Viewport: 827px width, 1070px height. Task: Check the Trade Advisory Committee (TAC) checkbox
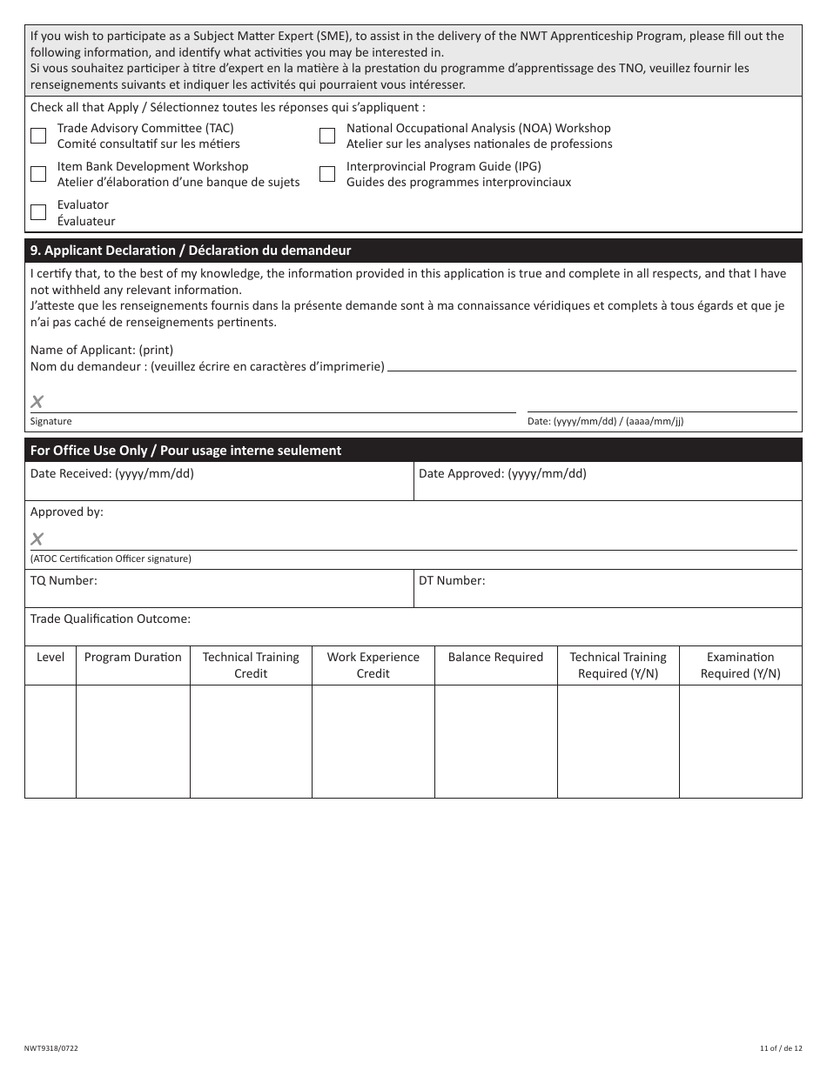(38, 136)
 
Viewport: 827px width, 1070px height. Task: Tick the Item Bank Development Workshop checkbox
(38, 174)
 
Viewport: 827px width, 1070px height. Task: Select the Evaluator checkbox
(38, 212)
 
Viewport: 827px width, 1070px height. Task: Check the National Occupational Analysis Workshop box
(327, 136)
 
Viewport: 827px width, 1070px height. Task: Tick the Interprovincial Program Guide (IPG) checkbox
(327, 174)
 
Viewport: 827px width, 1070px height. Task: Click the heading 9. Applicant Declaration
(191, 251)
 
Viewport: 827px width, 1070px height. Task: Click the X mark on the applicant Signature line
(37, 402)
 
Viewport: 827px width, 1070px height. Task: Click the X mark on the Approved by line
(37, 539)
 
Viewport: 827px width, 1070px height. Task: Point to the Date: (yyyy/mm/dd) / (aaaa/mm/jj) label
(605, 422)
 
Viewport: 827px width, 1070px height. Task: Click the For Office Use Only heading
(185, 451)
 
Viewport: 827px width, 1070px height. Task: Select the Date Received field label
(111, 474)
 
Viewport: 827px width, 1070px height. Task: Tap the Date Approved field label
(502, 474)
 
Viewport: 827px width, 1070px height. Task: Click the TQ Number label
(64, 580)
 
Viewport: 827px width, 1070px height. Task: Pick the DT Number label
(452, 580)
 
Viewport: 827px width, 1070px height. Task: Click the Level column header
(50, 658)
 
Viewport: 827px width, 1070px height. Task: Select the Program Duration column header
(133, 658)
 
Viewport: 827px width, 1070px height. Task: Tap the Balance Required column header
(495, 658)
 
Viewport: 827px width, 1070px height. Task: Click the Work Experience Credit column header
(373, 665)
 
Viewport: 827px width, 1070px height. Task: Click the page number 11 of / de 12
(777, 1049)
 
